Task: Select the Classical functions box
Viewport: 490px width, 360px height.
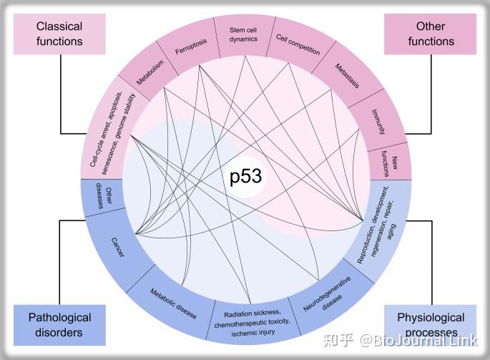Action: [x=59, y=34]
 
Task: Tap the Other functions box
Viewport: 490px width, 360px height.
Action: [x=431, y=34]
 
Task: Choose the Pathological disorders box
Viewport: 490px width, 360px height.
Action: [x=59, y=324]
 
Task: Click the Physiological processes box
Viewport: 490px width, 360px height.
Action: [x=431, y=324]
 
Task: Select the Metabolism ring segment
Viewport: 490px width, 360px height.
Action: [x=150, y=72]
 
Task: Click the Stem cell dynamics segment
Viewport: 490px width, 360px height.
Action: [x=243, y=36]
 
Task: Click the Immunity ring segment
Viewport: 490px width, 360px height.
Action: [x=380, y=122]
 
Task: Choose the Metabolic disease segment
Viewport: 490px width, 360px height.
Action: [x=172, y=301]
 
